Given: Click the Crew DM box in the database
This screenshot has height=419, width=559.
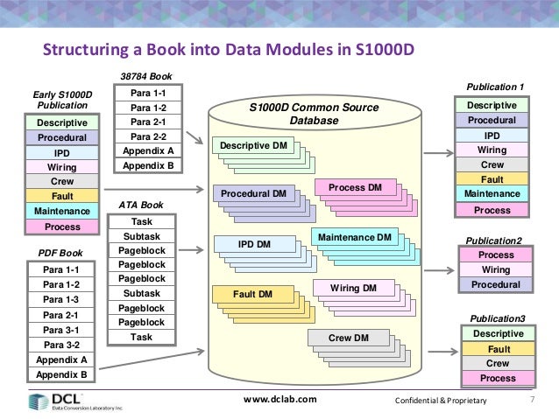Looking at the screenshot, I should [348, 339].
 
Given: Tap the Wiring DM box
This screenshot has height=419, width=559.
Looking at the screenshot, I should [353, 288].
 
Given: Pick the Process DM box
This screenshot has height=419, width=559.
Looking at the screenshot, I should [355, 188].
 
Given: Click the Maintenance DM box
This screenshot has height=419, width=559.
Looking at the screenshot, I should [354, 237].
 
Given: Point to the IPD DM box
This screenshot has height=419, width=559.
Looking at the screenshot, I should [255, 245].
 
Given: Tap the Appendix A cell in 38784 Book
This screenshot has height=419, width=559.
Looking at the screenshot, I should [148, 150].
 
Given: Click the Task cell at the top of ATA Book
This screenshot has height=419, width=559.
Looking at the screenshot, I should [140, 223].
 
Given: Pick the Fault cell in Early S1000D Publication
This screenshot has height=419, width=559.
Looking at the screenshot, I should [62, 196].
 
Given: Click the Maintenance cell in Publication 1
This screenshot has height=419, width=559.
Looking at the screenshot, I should [492, 194].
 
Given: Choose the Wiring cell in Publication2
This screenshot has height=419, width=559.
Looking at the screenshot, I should [497, 269].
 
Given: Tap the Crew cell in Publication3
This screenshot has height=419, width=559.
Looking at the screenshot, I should [497, 363].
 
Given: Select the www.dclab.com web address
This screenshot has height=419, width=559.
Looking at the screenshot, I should [279, 401].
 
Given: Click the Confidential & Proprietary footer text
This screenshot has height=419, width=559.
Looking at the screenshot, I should [441, 401].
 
